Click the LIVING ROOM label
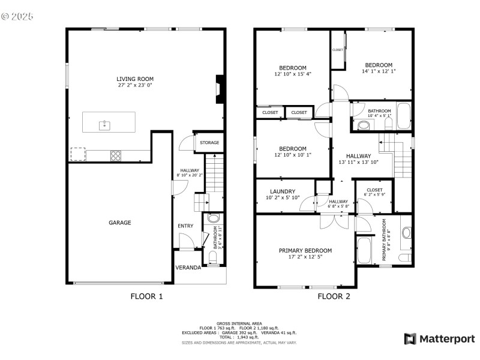pos(135,79)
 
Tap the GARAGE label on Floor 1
pos(120,223)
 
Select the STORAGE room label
pos(209,143)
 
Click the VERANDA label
pos(188,268)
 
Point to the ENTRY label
pos(185,226)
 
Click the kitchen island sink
pos(105,124)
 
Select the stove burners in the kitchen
pos(116,155)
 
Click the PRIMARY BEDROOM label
pos(305,251)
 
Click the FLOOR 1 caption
pos(146,296)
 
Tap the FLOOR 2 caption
pos(334,296)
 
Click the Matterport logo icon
pos(410,339)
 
